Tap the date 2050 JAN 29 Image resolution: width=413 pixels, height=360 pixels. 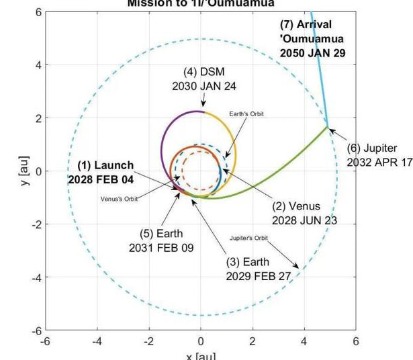(312, 53)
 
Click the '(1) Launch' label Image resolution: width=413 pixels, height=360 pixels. (105, 165)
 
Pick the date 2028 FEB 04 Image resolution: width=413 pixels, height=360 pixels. (101, 179)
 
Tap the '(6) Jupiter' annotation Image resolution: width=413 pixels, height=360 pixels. (371, 148)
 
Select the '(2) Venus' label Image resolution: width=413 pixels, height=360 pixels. (295, 206)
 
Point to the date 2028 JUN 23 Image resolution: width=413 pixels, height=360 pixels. (304, 220)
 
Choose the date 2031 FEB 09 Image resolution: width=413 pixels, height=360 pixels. (160, 248)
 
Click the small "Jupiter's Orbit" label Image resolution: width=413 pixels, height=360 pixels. (248, 238)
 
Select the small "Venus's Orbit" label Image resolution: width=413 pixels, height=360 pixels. (120, 199)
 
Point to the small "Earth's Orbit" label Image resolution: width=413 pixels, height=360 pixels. (246, 114)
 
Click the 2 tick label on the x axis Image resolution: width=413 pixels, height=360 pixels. (253, 342)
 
